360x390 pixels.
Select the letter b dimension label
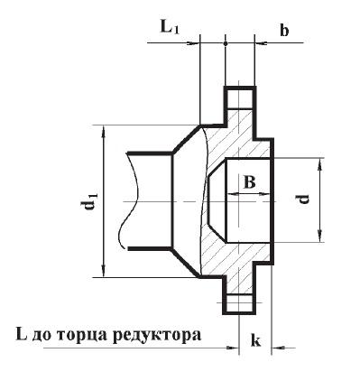click(284, 31)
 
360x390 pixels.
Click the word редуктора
click(157, 336)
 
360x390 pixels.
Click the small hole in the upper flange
click(240, 96)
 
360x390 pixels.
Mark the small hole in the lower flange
click(240, 303)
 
